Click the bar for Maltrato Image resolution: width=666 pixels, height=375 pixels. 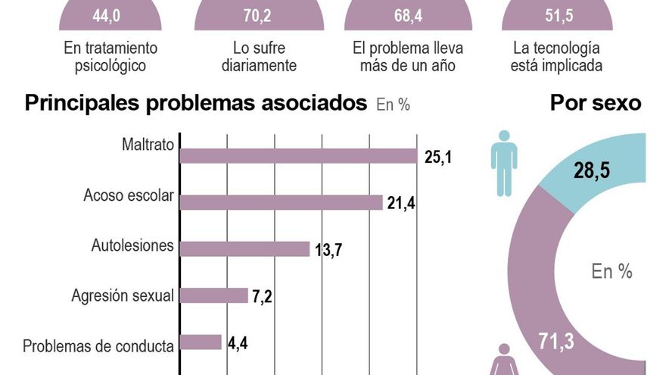pos(298,156)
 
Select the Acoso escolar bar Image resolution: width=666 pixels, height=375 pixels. pos(281,202)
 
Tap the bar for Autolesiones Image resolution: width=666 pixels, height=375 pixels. pos(244,248)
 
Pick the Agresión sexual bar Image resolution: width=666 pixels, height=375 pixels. pos(213,295)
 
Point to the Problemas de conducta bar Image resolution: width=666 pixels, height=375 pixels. pos(201,342)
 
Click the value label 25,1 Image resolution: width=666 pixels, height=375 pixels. pos(437,158)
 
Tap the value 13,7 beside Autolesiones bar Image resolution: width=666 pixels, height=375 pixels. pos(328,250)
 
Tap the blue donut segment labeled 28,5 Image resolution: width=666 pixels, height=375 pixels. pos(605,170)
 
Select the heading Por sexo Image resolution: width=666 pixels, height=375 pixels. pos(595,103)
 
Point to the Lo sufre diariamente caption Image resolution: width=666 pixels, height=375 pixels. pos(259,58)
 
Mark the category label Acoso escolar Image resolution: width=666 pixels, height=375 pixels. pos(129,196)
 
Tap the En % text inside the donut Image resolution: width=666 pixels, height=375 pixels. pos(611,271)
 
